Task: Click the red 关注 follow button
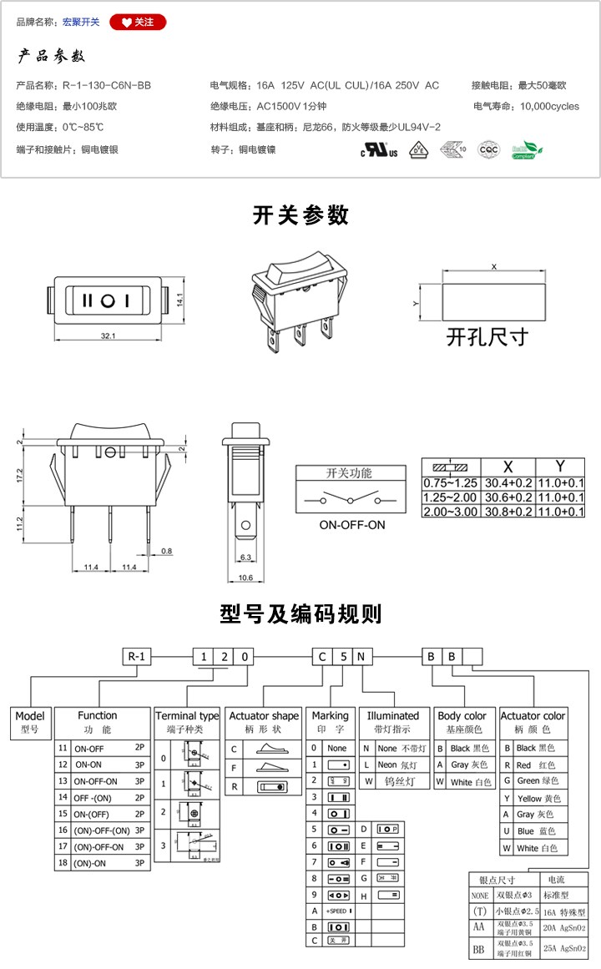coord(138,22)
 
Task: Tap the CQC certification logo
coord(487,150)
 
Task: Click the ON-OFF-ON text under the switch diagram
coord(351,525)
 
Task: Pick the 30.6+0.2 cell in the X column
coord(508,497)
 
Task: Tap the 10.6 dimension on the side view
coord(245,578)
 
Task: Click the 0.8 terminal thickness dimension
coord(167,551)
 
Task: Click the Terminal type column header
coord(187,716)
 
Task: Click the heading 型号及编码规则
coord(300,614)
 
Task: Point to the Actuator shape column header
coord(264,716)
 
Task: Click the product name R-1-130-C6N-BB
coord(107,85)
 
